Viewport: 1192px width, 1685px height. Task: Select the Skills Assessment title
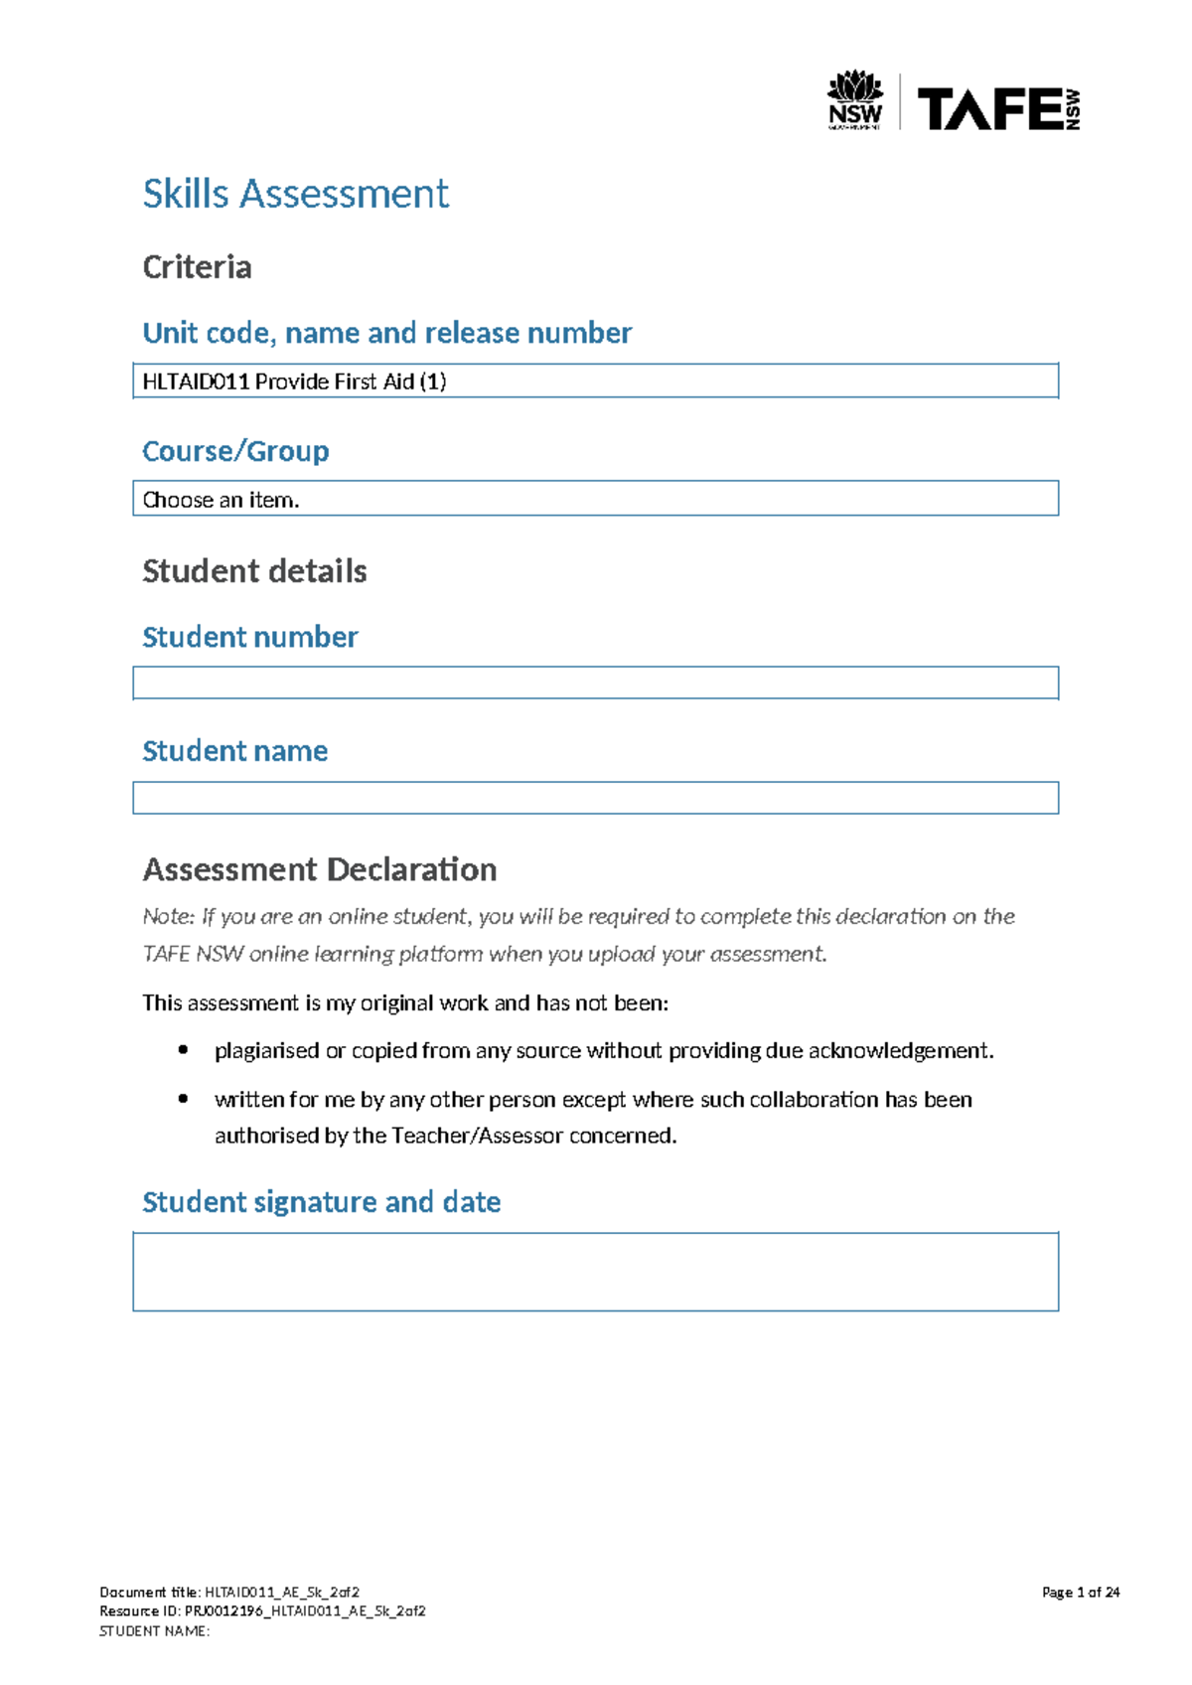(295, 194)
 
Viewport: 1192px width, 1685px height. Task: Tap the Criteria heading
(197, 267)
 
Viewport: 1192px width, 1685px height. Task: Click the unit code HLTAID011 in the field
(196, 382)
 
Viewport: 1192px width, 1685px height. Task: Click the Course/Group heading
(235, 451)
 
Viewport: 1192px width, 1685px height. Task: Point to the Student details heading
(254, 571)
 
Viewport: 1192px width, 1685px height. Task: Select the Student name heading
(234, 751)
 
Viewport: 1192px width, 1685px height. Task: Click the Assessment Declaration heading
(319, 870)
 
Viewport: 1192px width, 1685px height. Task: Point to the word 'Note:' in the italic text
(168, 917)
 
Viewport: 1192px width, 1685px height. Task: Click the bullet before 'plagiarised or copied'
(183, 1050)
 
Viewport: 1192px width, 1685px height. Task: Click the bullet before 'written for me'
(183, 1099)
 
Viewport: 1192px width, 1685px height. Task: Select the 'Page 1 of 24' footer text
(1080, 1592)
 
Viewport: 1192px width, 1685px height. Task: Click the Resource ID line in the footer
(262, 1610)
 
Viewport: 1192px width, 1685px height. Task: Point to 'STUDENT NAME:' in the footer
(154, 1630)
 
